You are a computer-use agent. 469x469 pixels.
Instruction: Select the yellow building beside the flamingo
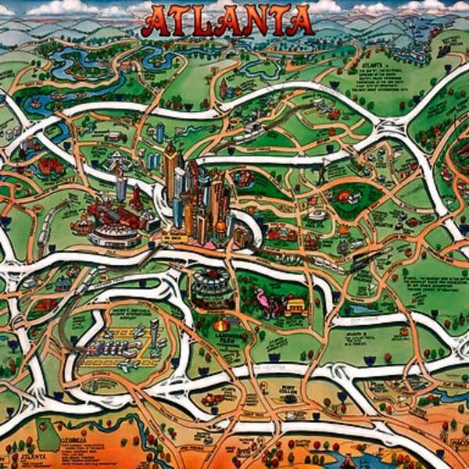pos(295,304)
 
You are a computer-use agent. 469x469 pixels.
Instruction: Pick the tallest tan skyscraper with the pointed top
pos(170,168)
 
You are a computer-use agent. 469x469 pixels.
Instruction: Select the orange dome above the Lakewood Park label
pos(222,324)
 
